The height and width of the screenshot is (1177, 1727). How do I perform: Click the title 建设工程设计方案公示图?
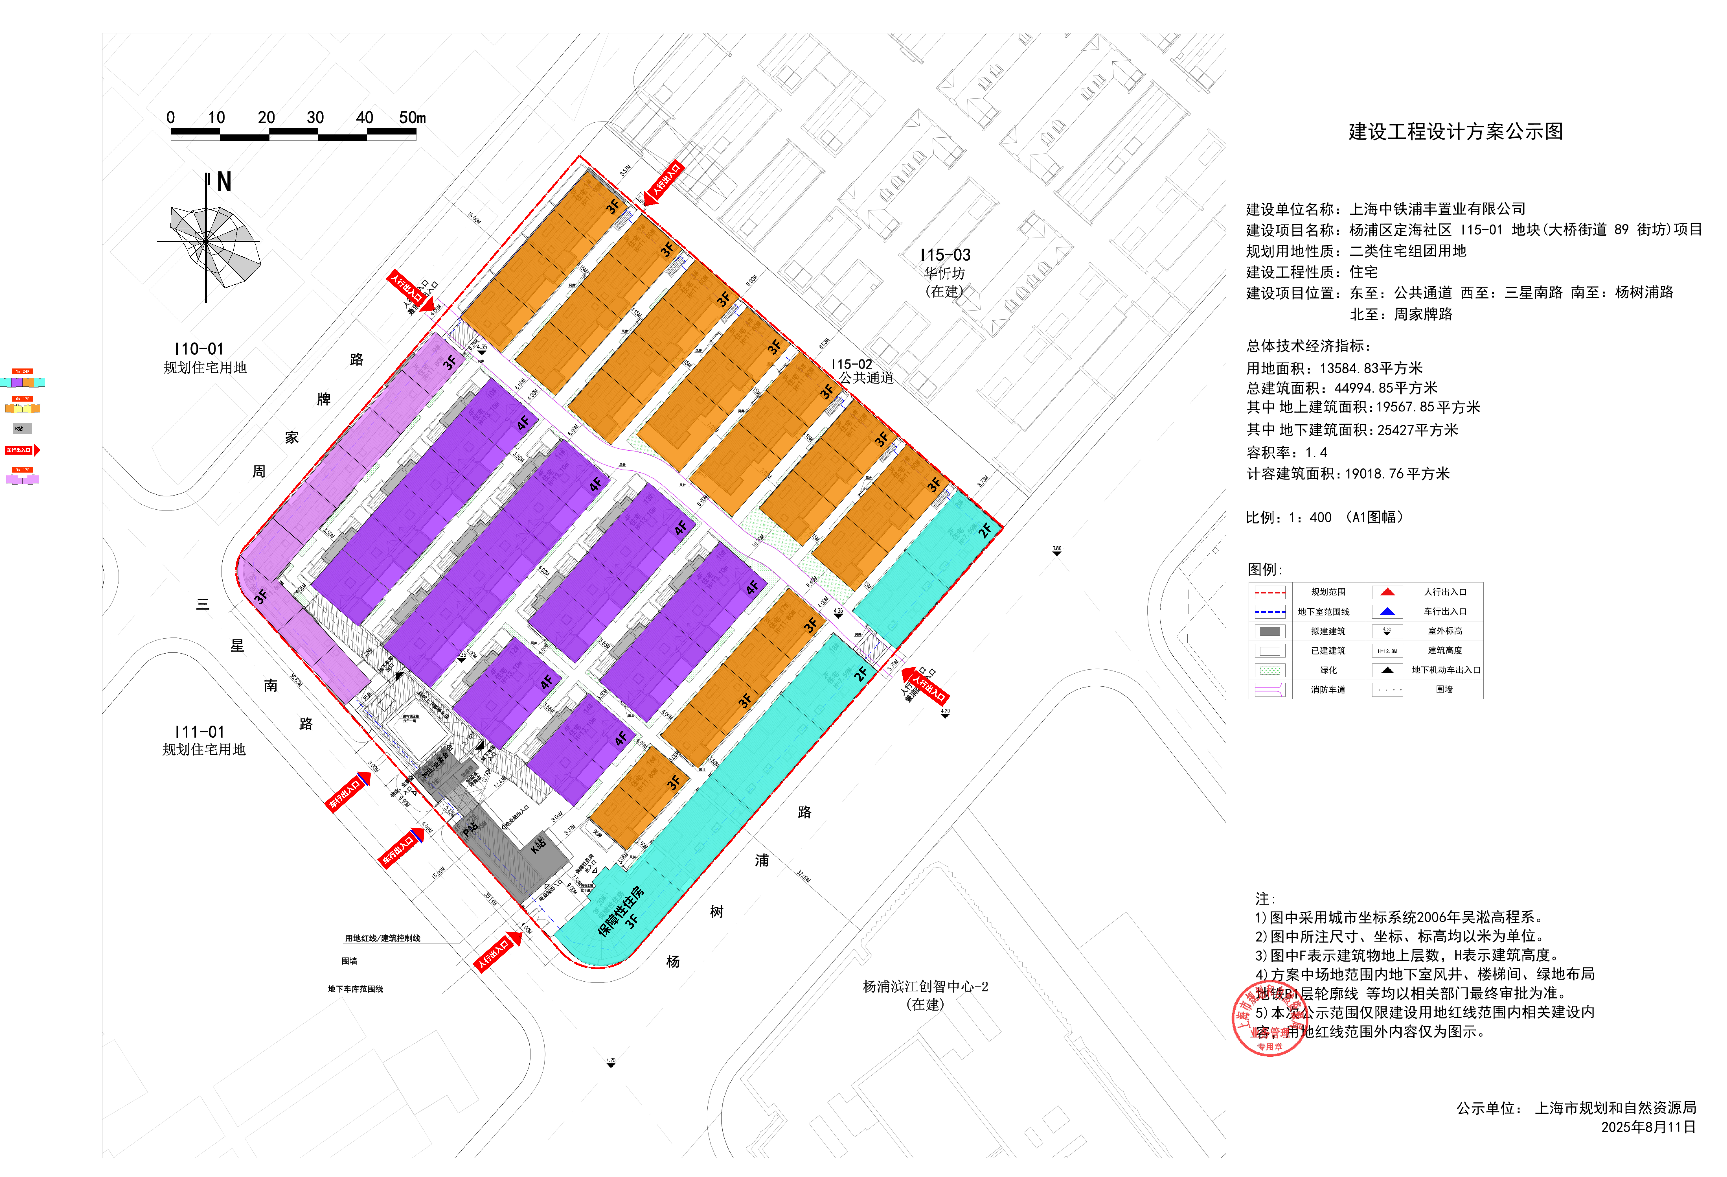(1455, 132)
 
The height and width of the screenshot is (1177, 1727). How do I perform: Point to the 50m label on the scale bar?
(412, 117)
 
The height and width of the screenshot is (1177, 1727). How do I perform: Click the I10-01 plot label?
(198, 349)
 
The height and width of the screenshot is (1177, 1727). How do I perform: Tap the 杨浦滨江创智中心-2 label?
(925, 987)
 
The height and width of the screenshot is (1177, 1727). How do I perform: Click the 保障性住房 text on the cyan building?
(621, 911)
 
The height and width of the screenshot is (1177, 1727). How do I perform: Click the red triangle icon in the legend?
(1387, 592)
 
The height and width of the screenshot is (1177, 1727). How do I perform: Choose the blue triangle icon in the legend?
(1387, 611)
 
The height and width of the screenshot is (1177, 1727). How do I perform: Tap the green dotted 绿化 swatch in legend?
(1270, 670)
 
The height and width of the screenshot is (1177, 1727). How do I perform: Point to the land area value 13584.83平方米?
(1371, 368)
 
